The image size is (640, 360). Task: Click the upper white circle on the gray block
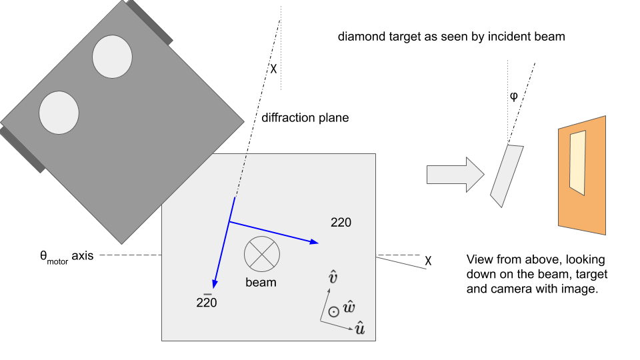(112, 56)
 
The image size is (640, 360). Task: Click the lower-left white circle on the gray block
(59, 113)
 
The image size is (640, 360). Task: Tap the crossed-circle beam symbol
(262, 254)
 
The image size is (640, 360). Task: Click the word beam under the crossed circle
(261, 283)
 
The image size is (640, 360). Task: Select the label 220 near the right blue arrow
(341, 223)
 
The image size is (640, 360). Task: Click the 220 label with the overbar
(207, 301)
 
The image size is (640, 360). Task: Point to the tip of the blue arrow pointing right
(319, 243)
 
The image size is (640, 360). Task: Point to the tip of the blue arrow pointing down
(213, 289)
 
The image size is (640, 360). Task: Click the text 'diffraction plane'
(305, 118)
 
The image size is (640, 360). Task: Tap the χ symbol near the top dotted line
(273, 68)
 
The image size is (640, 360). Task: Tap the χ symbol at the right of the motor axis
(428, 261)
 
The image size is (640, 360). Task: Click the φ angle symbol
(514, 96)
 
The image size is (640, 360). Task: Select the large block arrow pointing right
(455, 175)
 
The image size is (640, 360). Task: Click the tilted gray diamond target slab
(507, 176)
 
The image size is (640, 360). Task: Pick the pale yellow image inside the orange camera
(577, 163)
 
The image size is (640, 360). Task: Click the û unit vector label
(359, 328)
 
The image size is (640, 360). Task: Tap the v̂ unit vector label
(333, 277)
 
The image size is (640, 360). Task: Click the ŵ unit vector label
(349, 307)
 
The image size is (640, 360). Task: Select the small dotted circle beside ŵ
(334, 312)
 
